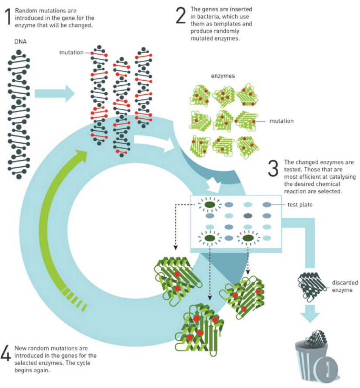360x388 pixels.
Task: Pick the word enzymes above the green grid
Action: coord(222,76)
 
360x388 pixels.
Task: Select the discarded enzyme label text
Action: coord(343,286)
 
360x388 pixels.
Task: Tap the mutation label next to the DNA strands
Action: coord(71,52)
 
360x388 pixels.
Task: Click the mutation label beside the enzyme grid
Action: coord(282,121)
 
